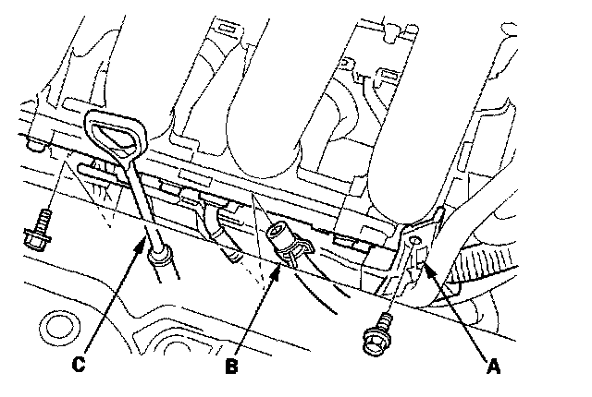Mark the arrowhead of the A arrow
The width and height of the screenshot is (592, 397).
(427, 264)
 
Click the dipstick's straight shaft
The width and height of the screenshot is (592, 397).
(140, 198)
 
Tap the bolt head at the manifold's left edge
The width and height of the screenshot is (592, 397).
(35, 144)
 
